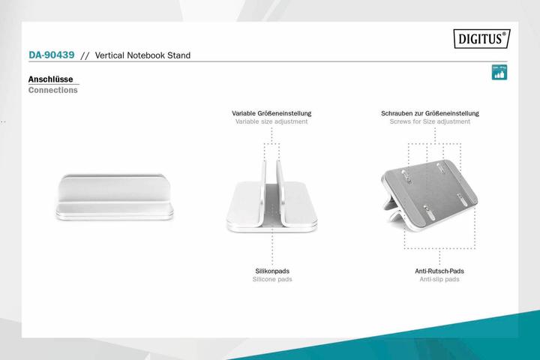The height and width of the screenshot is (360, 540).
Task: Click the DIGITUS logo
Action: coord(481,38)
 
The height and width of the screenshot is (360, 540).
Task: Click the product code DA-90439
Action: coord(51,55)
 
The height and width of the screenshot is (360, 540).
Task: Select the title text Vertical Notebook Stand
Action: coord(142,55)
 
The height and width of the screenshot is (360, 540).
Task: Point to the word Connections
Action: coord(52,90)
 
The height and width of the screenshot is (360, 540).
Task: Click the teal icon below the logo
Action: coord(498,72)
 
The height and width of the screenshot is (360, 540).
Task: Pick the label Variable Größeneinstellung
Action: coord(271,113)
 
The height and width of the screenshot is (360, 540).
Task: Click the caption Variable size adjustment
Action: coord(271,121)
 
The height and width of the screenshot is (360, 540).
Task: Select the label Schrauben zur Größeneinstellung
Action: coord(430,113)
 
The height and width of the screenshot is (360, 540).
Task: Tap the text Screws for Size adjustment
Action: coord(430,121)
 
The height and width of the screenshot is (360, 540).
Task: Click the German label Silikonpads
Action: coord(272,271)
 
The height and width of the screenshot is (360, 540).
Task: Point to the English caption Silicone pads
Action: coord(272,279)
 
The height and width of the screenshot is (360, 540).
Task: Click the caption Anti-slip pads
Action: coord(439,279)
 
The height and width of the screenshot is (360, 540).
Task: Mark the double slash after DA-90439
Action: coord(85,55)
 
